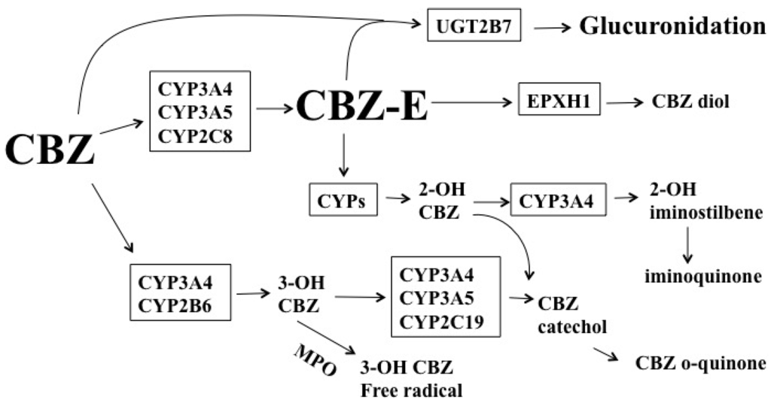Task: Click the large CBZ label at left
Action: pyautogui.click(x=50, y=148)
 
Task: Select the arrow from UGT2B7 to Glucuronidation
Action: pyautogui.click(x=554, y=28)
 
